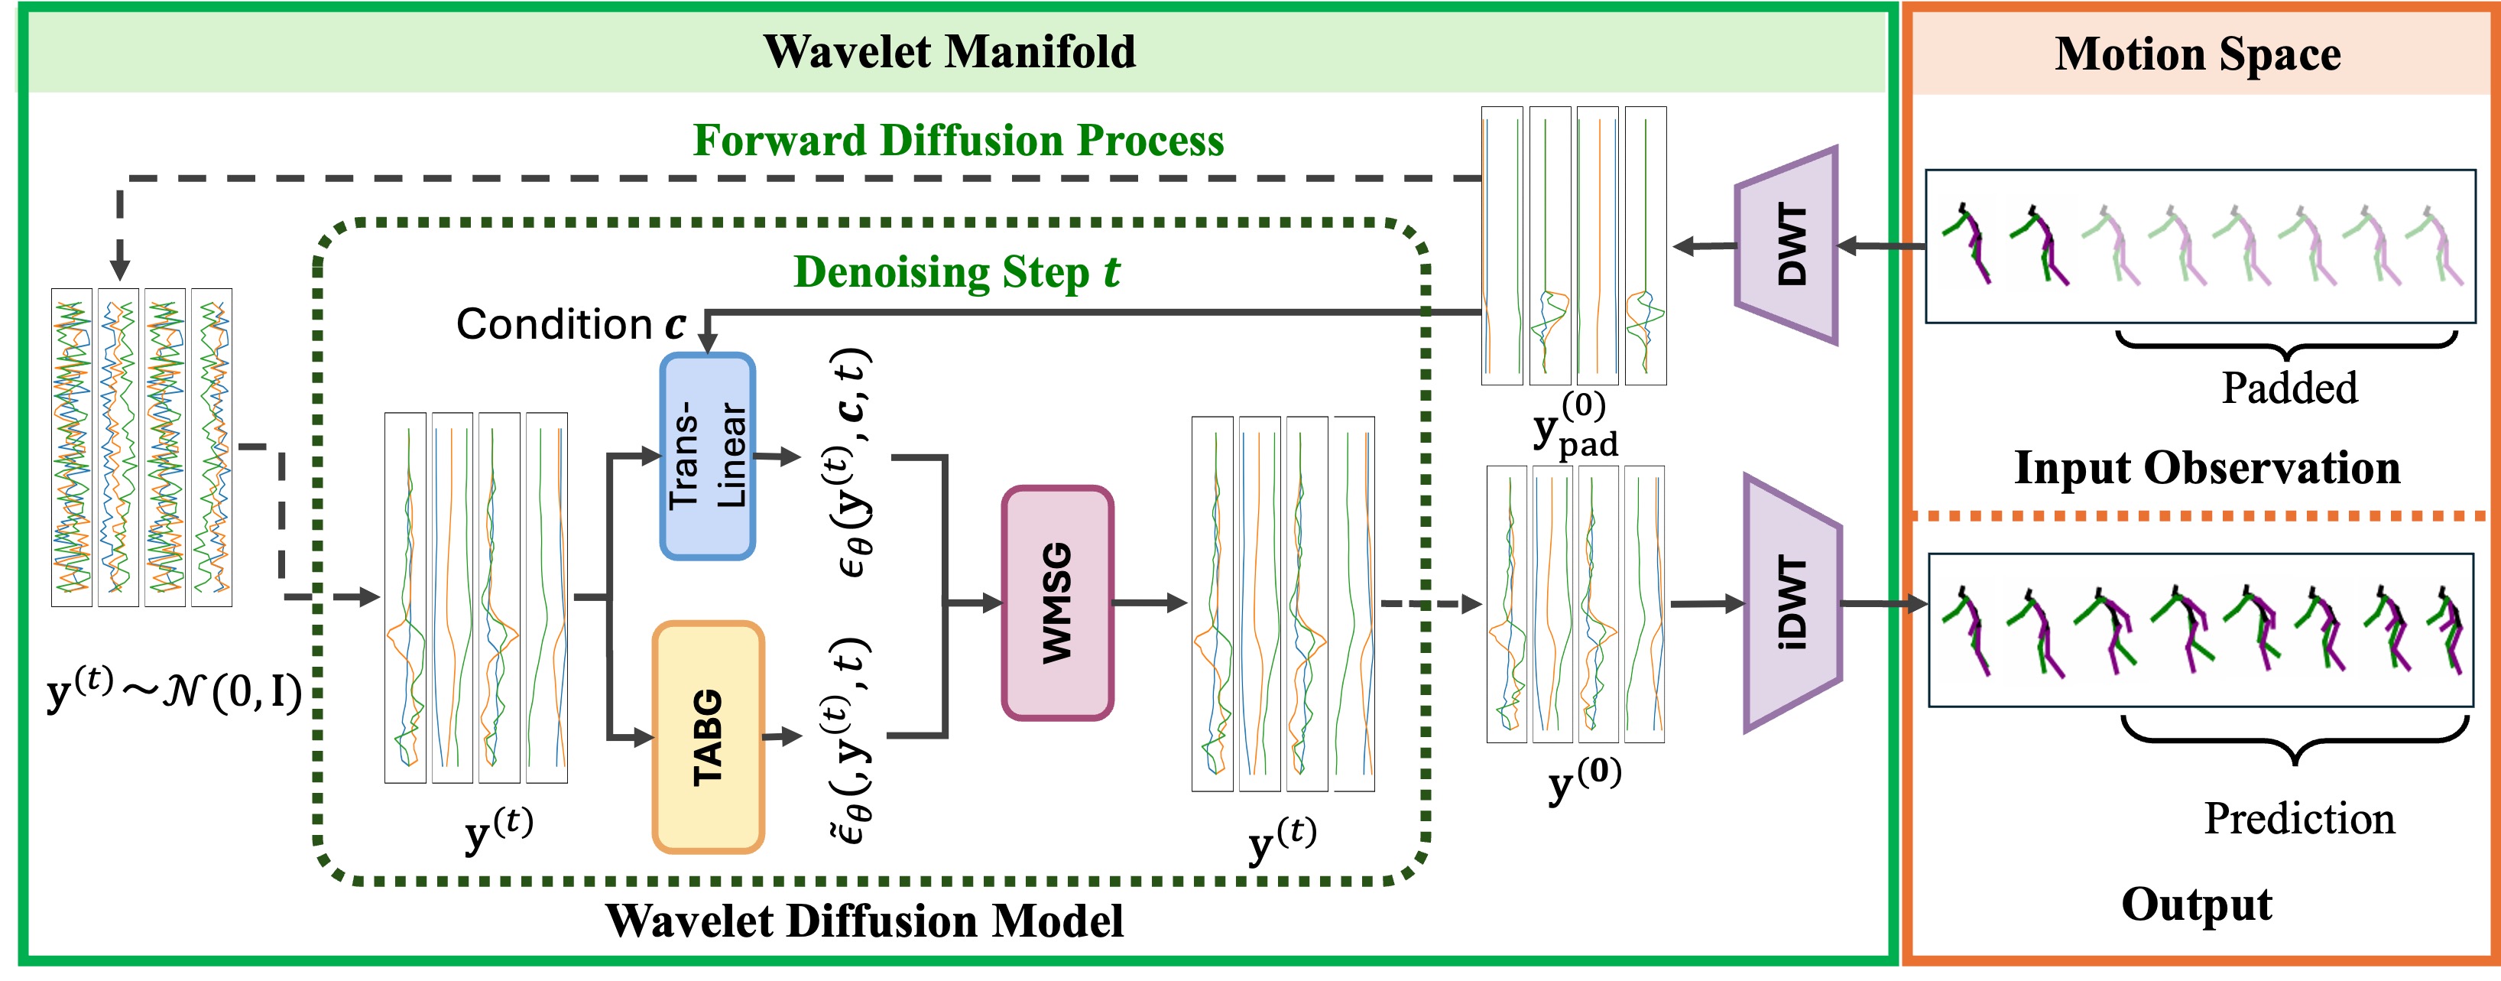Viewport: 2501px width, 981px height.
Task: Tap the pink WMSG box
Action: tap(1057, 603)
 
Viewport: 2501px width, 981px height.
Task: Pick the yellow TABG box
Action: tap(708, 737)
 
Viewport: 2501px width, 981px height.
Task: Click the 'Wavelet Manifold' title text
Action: tap(949, 51)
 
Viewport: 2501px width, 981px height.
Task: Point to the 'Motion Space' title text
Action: tap(2197, 54)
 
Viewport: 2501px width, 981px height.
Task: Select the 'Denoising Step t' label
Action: tap(956, 272)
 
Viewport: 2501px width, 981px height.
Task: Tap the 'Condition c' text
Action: tap(571, 324)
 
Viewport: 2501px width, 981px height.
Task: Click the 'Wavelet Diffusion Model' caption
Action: tap(864, 920)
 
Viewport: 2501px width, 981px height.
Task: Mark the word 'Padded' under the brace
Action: tap(2289, 388)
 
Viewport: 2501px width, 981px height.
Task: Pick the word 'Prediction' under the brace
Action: tap(2299, 819)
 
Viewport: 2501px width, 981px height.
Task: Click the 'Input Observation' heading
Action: tap(2207, 468)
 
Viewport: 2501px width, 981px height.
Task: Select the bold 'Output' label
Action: tap(2196, 905)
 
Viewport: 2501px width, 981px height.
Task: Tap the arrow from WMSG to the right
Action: tap(1150, 603)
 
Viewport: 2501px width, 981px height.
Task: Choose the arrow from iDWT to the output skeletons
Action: tap(1884, 604)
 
